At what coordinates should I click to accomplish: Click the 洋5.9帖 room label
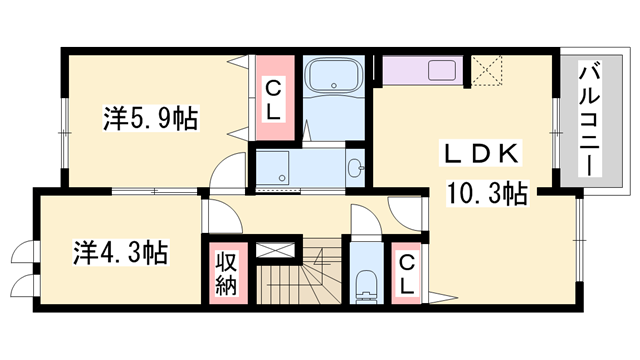click(x=149, y=119)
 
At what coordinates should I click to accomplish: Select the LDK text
click(x=480, y=154)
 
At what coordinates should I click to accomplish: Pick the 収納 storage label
click(x=223, y=271)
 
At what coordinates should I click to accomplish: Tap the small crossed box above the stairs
click(x=277, y=251)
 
